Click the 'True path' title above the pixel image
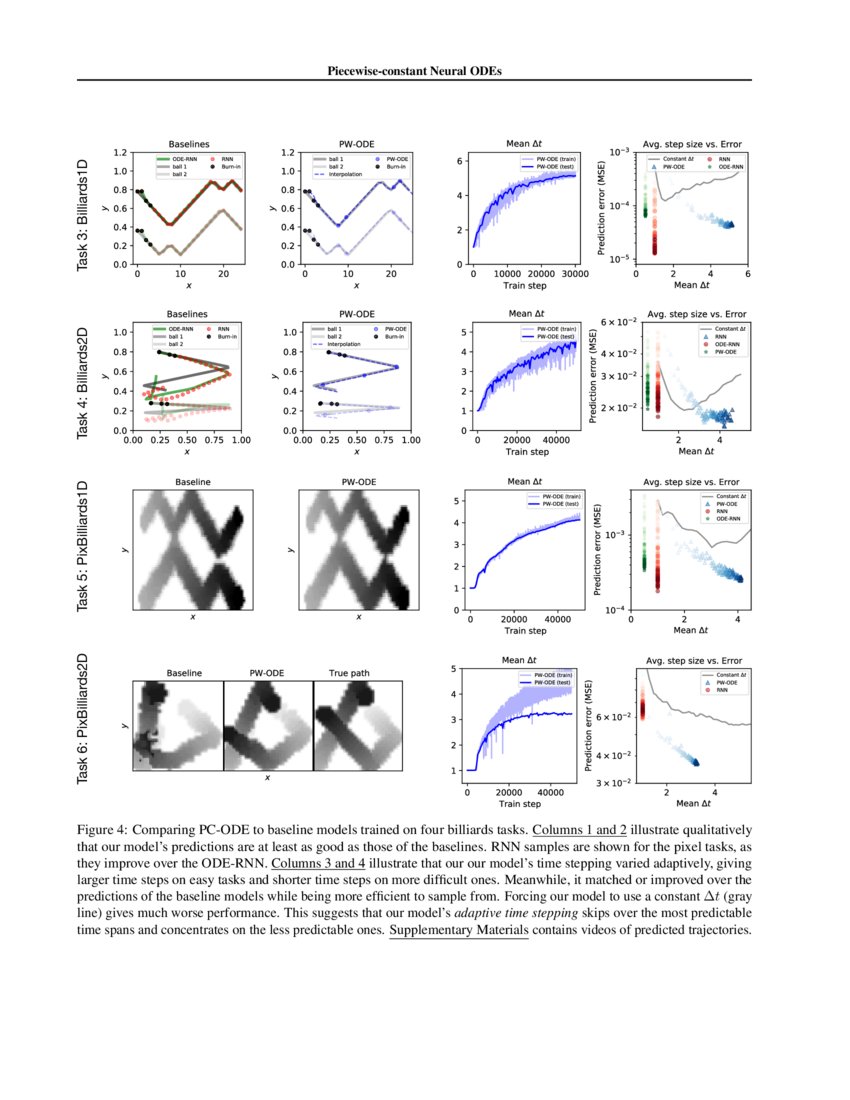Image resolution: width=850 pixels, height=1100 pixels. (349, 673)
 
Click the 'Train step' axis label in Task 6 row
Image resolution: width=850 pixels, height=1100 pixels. (519, 803)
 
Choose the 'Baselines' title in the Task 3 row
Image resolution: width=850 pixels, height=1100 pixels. (188, 142)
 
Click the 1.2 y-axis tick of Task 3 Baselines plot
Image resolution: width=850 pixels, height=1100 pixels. (120, 153)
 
